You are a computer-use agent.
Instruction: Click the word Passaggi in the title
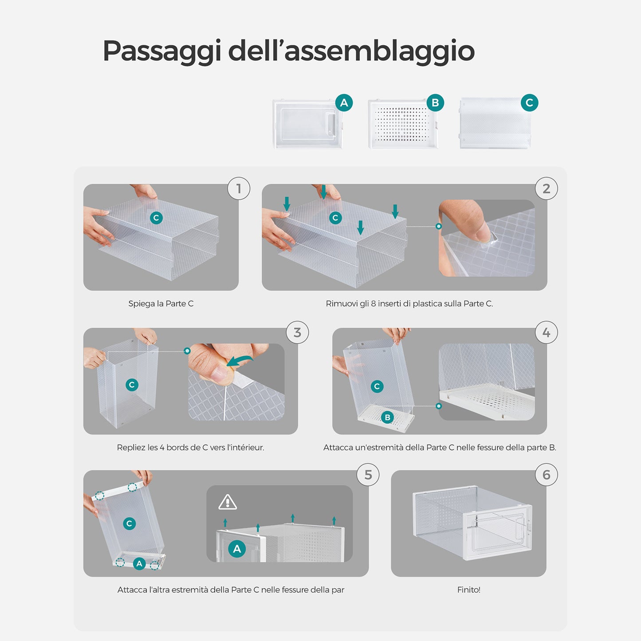162,51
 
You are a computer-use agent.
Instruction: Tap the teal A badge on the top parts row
344,102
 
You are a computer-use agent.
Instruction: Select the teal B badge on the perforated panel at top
435,102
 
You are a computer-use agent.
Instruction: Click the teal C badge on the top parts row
530,102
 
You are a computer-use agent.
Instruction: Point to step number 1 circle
239,189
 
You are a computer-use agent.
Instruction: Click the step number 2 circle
547,189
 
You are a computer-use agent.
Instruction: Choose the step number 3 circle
297,332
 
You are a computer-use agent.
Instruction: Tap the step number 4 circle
547,332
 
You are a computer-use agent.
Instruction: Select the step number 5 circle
368,475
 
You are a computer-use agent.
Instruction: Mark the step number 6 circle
547,475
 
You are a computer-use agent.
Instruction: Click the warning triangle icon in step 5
228,503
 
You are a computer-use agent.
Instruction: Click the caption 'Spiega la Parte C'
161,303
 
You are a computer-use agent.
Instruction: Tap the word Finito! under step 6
469,590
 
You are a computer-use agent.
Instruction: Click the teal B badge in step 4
388,417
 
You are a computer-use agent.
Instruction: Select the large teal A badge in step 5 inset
237,549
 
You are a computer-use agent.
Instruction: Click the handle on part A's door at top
331,125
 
